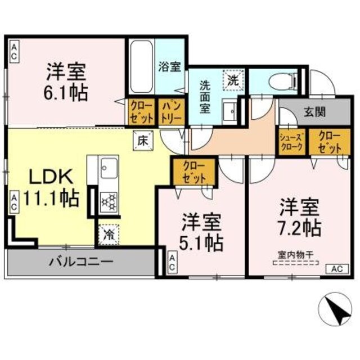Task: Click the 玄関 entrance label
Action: (314, 112)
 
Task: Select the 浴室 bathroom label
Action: (170, 67)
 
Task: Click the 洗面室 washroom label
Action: (205, 96)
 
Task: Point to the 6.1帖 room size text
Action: (66, 92)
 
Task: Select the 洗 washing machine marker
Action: (232, 79)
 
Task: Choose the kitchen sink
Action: (108, 168)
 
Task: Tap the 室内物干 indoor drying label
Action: (294, 254)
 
